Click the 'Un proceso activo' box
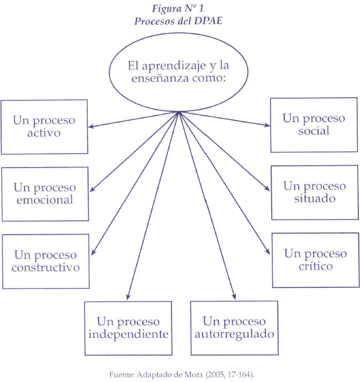click(44, 127)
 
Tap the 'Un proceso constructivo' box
click(46, 260)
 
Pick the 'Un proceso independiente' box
click(128, 328)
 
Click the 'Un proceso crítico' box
click(315, 260)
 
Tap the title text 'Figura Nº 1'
click(178, 9)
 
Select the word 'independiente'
click(128, 334)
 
